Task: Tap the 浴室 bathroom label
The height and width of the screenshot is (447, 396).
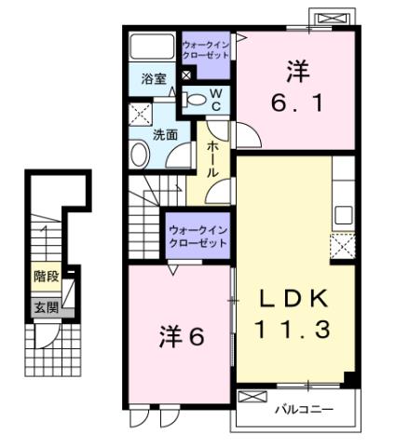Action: point(154,79)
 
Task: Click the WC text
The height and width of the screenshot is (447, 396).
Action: point(215,99)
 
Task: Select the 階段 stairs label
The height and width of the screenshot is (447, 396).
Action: point(45,277)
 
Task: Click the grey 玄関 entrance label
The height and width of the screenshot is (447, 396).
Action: point(45,306)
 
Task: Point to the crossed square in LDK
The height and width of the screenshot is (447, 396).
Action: point(341,246)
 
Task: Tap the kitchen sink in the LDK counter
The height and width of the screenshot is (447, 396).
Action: point(343,213)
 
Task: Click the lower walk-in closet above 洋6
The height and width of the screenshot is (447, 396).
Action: point(198,236)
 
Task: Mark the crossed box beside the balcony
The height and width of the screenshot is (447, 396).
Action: point(252,398)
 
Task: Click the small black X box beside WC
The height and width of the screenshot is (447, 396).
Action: point(186,75)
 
